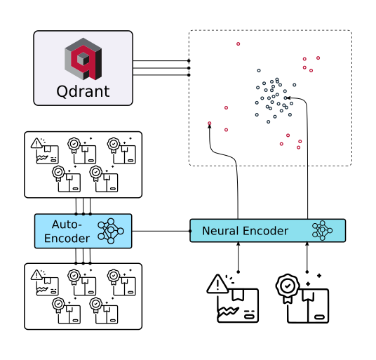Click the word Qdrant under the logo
click(x=83, y=92)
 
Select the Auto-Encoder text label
click(x=67, y=231)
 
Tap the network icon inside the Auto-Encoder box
click(x=111, y=231)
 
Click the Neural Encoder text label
click(x=245, y=231)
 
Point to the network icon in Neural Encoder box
click(x=323, y=230)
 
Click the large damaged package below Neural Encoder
click(x=234, y=299)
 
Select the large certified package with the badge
click(x=308, y=299)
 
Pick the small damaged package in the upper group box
click(x=45, y=151)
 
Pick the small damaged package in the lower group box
click(x=45, y=283)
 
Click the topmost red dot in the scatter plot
click(x=238, y=44)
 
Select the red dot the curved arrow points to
click(x=209, y=124)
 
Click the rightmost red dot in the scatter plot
click(x=318, y=58)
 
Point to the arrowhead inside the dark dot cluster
click(x=286, y=98)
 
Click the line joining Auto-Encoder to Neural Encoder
click(x=161, y=231)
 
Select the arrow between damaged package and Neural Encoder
click(x=239, y=257)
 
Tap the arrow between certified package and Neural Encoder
click(x=307, y=257)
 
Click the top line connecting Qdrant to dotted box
click(x=161, y=61)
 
